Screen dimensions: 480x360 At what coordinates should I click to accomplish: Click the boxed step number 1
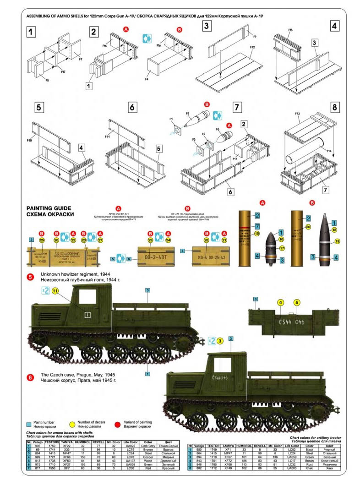pyautogui.click(x=31, y=32)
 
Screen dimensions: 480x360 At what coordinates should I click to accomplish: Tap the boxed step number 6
pyautogui.click(x=132, y=107)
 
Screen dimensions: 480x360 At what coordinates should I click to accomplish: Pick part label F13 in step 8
pyautogui.click(x=297, y=113)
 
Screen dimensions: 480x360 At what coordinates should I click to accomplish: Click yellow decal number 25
pyautogui.click(x=42, y=240)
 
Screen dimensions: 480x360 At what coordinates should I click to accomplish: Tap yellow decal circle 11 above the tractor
pyautogui.click(x=55, y=290)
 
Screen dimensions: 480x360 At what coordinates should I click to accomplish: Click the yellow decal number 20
pyautogui.click(x=308, y=226)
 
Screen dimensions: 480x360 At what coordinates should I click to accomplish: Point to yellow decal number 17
pyautogui.click(x=282, y=248)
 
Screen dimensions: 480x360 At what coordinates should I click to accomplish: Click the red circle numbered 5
pyautogui.click(x=30, y=277)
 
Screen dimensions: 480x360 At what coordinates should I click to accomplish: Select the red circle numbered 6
pyautogui.click(x=30, y=377)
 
